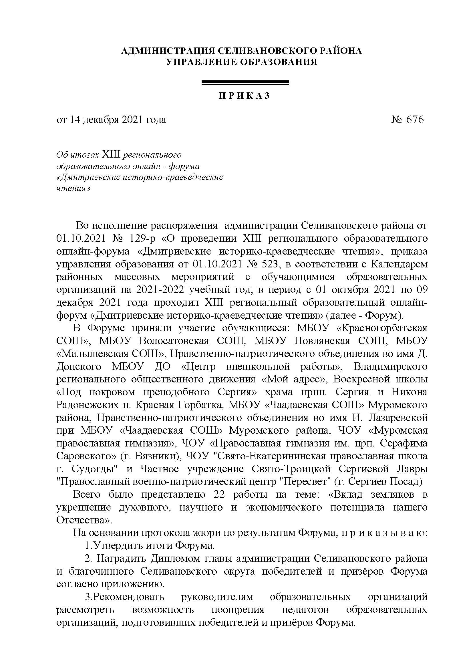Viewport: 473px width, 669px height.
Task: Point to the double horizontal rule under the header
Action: (x=245, y=83)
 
